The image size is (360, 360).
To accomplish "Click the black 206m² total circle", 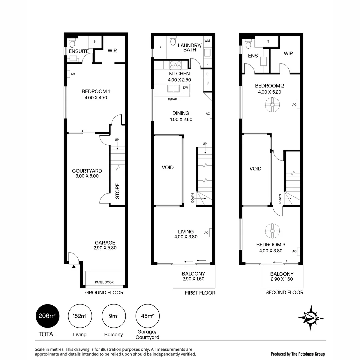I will pyautogui.click(x=48, y=316).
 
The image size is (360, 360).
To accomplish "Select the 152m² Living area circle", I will pyautogui.click(x=80, y=316).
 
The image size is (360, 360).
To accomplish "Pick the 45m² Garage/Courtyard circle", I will pyautogui.click(x=147, y=316).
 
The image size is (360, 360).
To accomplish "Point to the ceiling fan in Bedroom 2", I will pyautogui.click(x=272, y=105).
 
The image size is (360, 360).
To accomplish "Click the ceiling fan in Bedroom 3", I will pyautogui.click(x=272, y=230).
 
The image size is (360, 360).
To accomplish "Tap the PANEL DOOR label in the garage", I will pyautogui.click(x=104, y=282).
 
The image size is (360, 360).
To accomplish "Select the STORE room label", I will pyautogui.click(x=117, y=191).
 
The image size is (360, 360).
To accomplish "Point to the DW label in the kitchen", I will pyautogui.click(x=185, y=88).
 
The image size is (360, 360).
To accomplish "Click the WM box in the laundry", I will pyautogui.click(x=207, y=41).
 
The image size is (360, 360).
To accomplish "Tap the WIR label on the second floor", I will pyautogui.click(x=288, y=53).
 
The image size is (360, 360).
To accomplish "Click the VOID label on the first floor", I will pyautogui.click(x=168, y=167).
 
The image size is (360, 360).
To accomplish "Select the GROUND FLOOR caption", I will pyautogui.click(x=104, y=293).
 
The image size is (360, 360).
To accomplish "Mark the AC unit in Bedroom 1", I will pyautogui.click(x=68, y=74).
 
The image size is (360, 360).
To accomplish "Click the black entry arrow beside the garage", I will pyautogui.click(x=73, y=266).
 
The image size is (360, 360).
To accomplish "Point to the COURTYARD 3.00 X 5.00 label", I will pyautogui.click(x=87, y=173).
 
